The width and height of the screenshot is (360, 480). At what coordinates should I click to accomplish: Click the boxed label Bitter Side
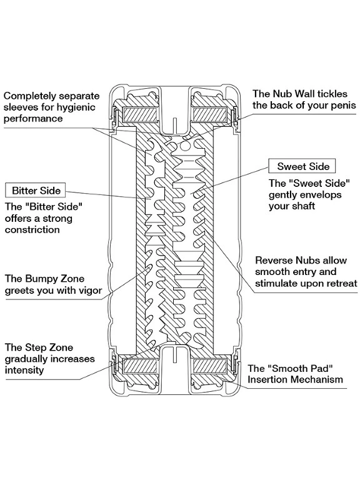[36, 190]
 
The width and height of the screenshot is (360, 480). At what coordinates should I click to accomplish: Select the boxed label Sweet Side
[302, 166]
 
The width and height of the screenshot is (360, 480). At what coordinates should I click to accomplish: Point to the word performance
[33, 119]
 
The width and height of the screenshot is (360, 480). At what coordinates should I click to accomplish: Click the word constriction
[32, 229]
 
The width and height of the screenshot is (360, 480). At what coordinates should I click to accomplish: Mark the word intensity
[24, 370]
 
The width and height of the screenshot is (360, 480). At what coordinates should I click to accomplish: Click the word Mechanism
[316, 379]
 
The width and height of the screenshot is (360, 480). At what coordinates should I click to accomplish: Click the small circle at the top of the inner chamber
[184, 147]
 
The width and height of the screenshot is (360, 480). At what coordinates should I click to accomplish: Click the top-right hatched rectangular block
[210, 115]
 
